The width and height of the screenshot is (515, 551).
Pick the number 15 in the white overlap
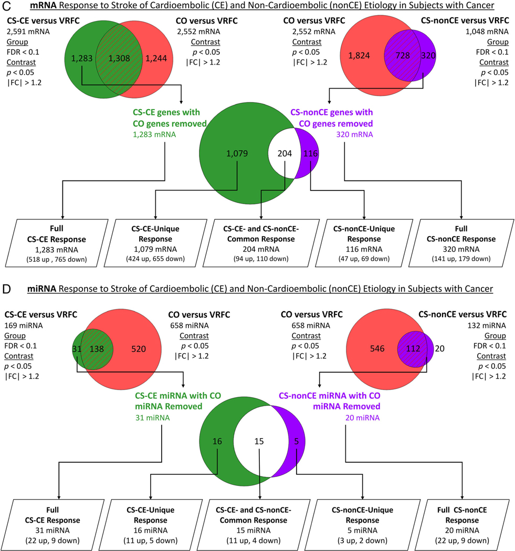258,442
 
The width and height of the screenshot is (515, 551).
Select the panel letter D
6,288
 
